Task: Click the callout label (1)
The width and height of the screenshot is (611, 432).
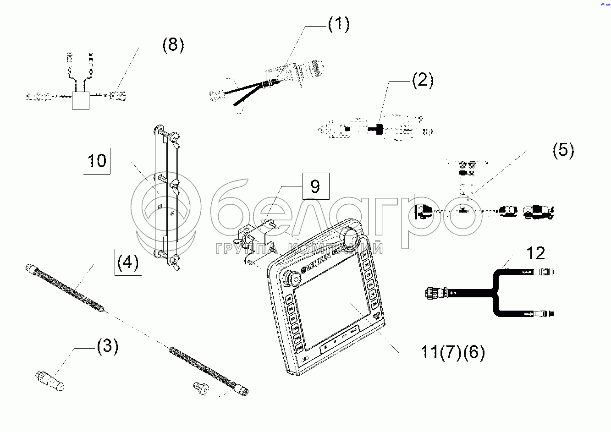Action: coord(338,25)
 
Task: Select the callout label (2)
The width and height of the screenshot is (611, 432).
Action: coord(422,81)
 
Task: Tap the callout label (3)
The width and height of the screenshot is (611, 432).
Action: coord(107,346)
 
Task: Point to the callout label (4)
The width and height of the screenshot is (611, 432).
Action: coord(127,262)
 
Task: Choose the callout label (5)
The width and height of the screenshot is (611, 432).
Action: coord(563,150)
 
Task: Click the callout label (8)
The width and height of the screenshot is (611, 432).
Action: coord(173,45)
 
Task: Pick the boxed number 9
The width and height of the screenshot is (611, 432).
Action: coord(315,186)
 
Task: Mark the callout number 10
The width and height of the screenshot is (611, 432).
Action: coord(97,161)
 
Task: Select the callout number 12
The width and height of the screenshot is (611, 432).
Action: coord(535,253)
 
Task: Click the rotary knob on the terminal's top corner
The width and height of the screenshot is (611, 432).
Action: coord(351,236)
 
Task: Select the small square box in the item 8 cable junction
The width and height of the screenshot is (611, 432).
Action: coord(81,100)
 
